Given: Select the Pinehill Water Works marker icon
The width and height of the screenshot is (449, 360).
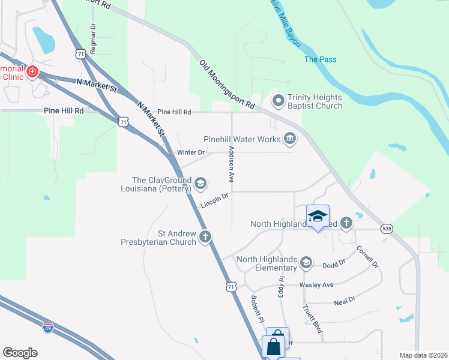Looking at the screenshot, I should pos(290,139).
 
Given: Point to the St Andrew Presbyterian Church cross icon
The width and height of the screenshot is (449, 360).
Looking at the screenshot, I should pos(205,236).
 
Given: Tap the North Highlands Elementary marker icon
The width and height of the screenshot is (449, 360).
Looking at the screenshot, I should pos(306,262).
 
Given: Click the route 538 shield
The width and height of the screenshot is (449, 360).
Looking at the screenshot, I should pos(387,229).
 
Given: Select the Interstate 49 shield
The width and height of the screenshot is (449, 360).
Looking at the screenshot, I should pos(49,328).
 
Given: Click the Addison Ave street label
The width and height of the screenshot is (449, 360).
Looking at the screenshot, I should pos(230,164).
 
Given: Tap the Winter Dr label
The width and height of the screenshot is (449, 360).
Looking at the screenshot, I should pos(191,153).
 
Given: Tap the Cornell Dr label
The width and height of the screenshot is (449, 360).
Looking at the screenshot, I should pos(367,256).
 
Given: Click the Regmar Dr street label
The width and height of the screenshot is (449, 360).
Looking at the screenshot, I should pos(93,39).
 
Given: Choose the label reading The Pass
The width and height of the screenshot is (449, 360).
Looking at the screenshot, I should pos(320,59).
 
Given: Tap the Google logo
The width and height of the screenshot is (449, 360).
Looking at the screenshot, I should pos(20,353).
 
